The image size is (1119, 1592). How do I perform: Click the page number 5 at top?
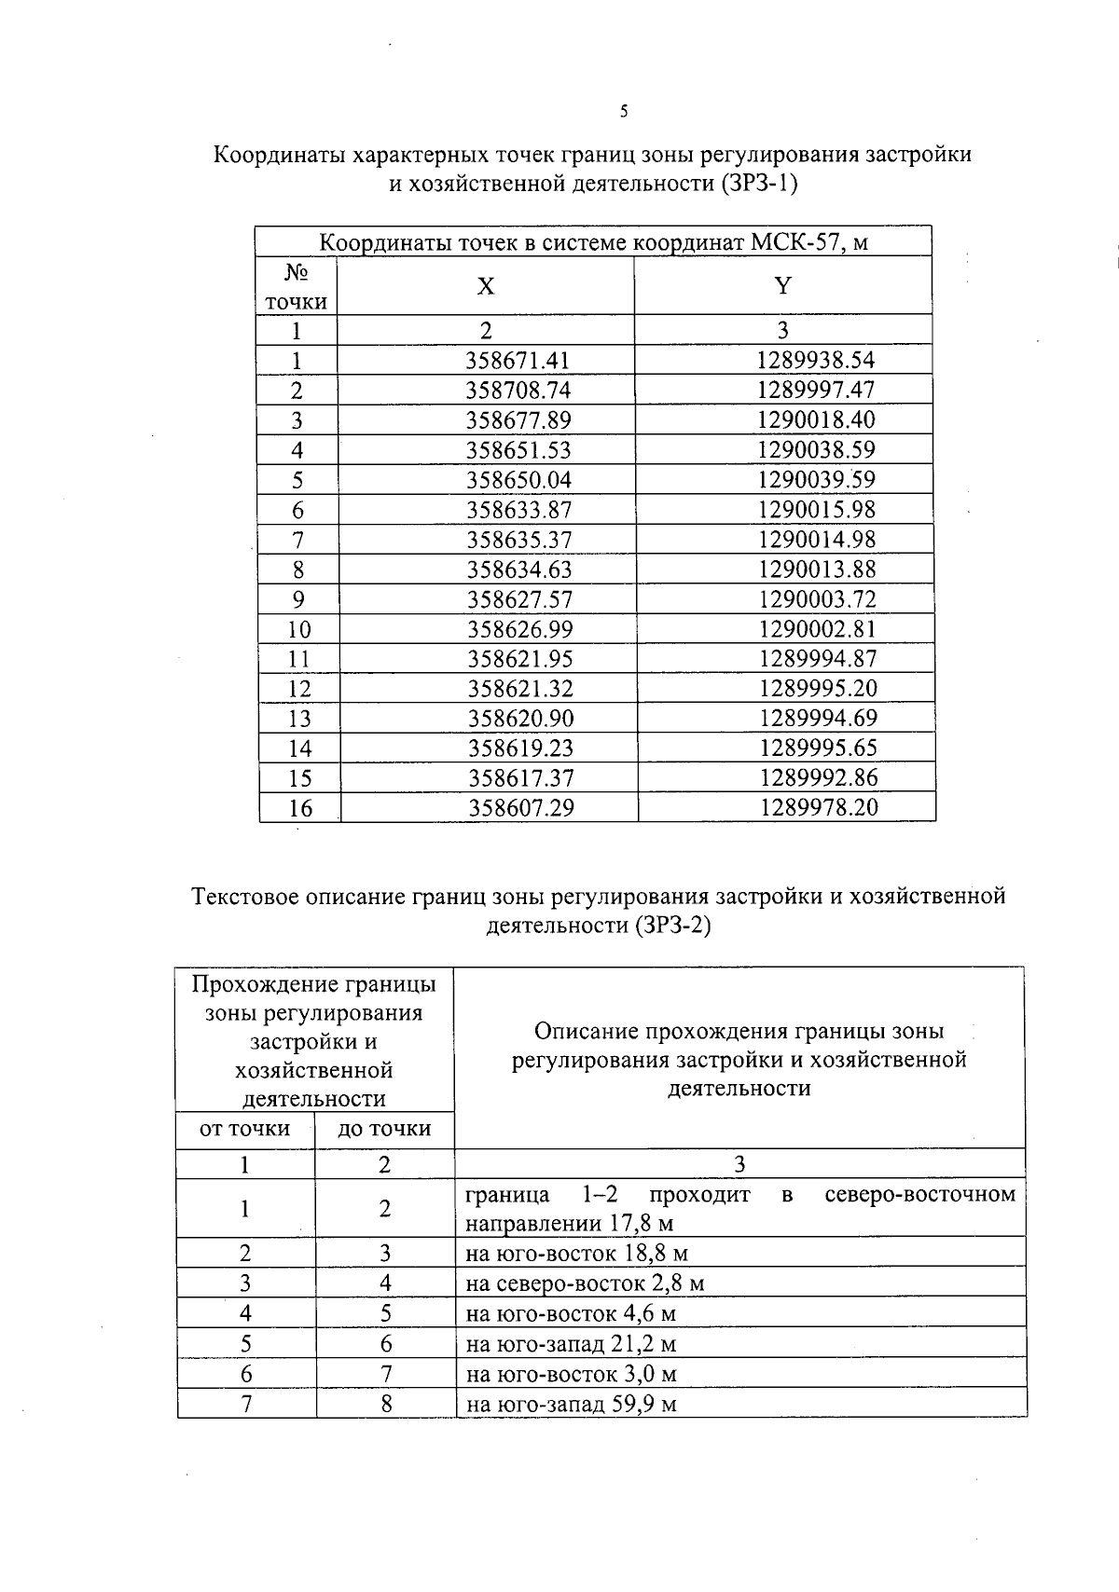[624, 112]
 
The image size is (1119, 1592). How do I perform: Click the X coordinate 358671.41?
[518, 361]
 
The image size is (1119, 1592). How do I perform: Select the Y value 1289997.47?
[816, 390]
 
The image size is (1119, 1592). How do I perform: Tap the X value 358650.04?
[518, 480]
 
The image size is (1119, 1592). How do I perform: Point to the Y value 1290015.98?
[817, 510]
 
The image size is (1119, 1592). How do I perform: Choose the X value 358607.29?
[520, 807]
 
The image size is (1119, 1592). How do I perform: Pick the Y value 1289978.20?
[819, 807]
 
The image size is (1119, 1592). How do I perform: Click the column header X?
[486, 286]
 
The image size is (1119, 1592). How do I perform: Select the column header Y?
[782, 286]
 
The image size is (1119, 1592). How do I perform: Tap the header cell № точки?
[297, 287]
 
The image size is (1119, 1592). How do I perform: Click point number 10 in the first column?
[299, 629]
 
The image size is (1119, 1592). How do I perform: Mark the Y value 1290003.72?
[818, 599]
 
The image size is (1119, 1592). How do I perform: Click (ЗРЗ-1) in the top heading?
[759, 184]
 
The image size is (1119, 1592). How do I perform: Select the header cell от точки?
[245, 1130]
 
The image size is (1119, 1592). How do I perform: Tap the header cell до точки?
[384, 1130]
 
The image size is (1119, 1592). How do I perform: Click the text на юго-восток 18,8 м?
[576, 1254]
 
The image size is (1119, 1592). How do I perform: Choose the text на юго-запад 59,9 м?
[571, 1405]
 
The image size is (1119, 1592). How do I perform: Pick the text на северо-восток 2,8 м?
[585, 1283]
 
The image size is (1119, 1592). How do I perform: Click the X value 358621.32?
[519, 689]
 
